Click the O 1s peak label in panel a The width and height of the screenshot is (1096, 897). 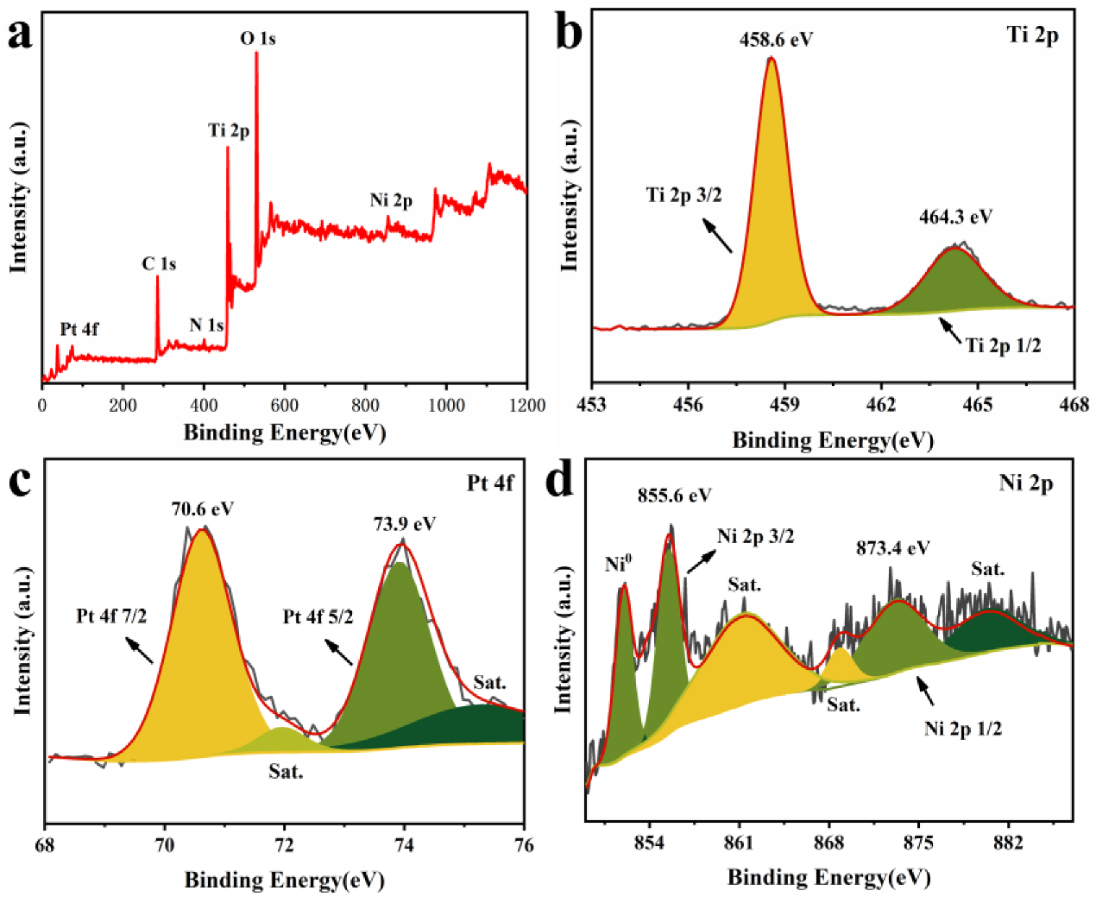[257, 39]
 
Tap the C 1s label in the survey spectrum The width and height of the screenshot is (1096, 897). [159, 264]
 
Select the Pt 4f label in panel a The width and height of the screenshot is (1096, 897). [79, 330]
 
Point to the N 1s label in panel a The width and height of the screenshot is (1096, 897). [206, 325]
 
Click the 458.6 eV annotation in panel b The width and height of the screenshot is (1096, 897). [776, 40]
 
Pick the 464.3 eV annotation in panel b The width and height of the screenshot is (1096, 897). [955, 217]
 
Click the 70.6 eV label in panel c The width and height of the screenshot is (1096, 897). [202, 509]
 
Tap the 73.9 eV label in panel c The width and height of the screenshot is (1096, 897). [404, 524]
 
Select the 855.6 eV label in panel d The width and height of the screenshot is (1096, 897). [674, 496]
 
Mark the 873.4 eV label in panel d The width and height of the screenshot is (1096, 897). [892, 548]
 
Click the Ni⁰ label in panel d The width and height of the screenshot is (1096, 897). [618, 565]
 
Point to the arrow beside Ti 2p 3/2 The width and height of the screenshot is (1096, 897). [717, 236]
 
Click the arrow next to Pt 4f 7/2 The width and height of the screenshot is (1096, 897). [139, 650]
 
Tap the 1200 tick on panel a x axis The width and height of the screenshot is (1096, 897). [526, 406]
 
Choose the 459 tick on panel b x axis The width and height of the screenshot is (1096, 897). [784, 404]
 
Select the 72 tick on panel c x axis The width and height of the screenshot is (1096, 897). [284, 845]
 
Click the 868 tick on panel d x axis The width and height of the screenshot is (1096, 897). [828, 843]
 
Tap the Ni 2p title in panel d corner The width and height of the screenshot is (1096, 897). [1025, 483]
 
